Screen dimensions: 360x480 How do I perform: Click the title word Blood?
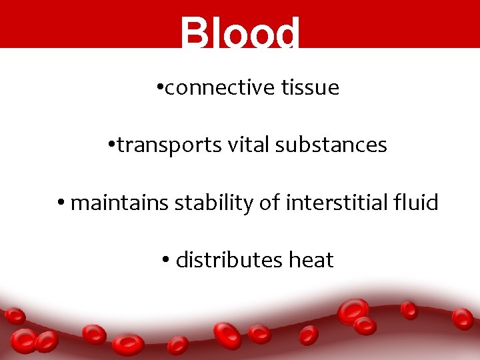click(x=240, y=33)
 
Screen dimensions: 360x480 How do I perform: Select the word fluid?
click(x=419, y=203)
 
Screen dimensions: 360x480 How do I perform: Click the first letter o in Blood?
click(x=234, y=37)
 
